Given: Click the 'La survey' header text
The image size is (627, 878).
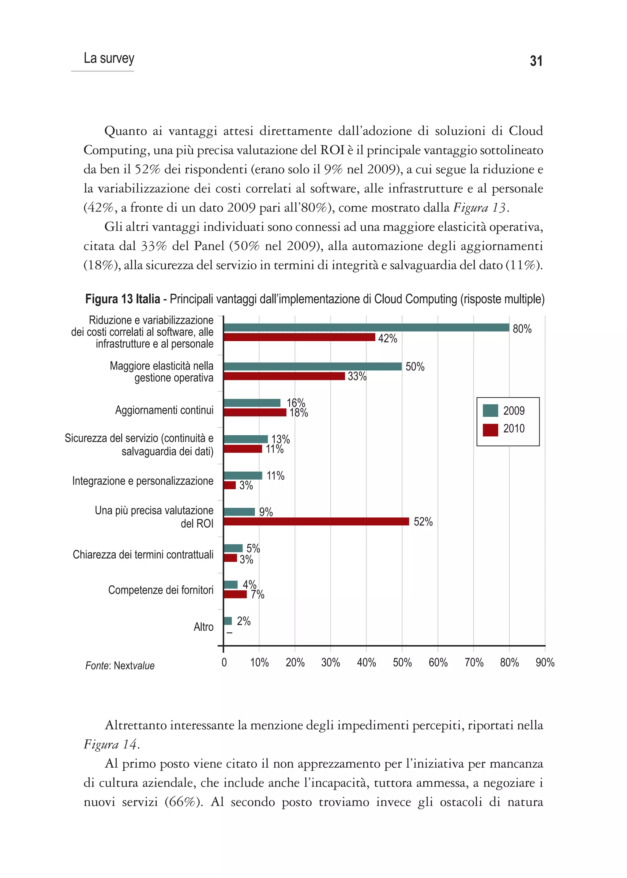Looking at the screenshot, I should tap(109, 58).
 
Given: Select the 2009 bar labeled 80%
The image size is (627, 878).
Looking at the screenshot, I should tap(366, 328).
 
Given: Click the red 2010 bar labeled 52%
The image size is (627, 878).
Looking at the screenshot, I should tap(316, 522).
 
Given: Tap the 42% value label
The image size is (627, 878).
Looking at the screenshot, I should tap(387, 338).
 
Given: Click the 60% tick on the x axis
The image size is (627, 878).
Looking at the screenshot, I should tap(438, 662).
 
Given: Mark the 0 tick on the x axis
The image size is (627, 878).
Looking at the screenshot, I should tap(224, 662).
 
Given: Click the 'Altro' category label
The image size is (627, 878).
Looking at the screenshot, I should tap(204, 627).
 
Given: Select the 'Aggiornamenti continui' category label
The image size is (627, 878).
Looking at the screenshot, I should tap(164, 410).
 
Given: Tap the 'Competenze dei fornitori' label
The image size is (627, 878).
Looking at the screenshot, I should tap(161, 590).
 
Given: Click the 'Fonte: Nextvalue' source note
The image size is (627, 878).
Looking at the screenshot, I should tap(120, 666).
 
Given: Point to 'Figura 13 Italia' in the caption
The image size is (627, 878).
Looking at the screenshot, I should tap(122, 299).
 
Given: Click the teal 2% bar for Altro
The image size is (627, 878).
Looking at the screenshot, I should tap(228, 621).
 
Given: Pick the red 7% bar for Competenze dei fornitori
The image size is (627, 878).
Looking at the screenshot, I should tap(235, 594).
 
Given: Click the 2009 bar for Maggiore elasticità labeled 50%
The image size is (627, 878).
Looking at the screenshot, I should tap(312, 366).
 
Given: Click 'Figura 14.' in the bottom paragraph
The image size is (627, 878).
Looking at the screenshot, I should tap(111, 745).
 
